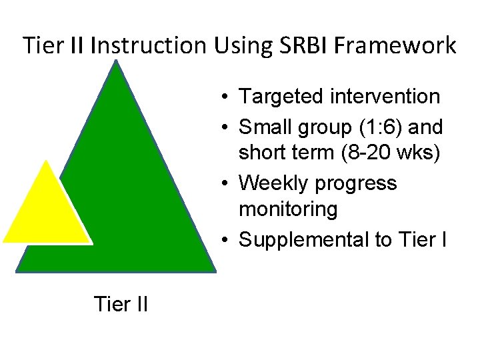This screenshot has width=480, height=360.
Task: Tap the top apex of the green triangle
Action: pos(116,62)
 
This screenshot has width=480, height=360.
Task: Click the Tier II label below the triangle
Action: pos(121,304)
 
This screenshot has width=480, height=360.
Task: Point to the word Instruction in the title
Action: pos(150,46)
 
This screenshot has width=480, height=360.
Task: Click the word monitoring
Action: pos(288,209)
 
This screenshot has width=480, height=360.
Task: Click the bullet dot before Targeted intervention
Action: pos(228,97)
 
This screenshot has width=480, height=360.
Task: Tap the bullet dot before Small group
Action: pos(228,126)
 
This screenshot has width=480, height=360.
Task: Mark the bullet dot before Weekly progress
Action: pos(228,183)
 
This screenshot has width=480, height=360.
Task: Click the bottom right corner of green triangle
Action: pos(215,271)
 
